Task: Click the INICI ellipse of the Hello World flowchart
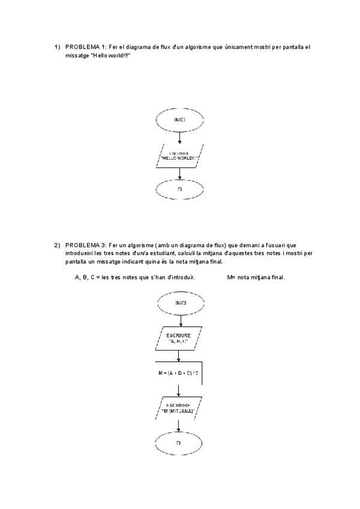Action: click(179, 120)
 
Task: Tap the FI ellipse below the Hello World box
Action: click(179, 190)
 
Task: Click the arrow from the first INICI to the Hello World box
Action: click(179, 137)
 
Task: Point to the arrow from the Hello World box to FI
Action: click(179, 173)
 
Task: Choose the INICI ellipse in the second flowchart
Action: click(179, 303)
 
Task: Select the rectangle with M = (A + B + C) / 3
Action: click(178, 373)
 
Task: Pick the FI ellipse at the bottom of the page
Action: click(179, 443)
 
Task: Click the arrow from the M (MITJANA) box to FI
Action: click(179, 426)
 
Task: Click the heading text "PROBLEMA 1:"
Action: click(86, 47)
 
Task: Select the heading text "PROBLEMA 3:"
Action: click(86, 245)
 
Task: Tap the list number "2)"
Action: click(57, 245)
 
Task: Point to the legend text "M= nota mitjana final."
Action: click(256, 277)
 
